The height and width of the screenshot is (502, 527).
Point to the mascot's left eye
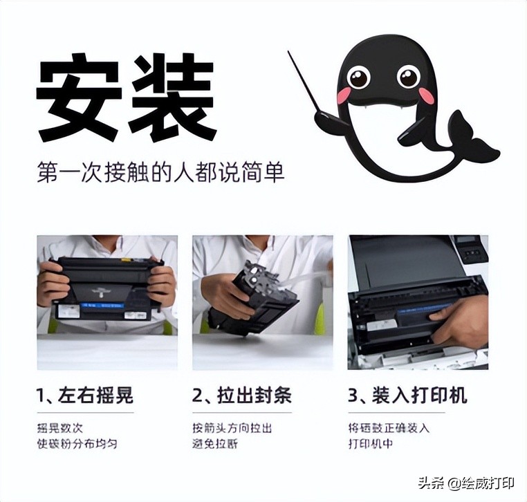[x=359, y=76]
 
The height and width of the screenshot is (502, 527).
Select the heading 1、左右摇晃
[x=85, y=396]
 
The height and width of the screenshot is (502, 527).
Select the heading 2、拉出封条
[x=242, y=396]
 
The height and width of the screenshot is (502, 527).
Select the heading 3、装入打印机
[x=407, y=396]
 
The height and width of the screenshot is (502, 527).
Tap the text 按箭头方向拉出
[x=232, y=428]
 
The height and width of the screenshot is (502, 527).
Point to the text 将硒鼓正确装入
[x=389, y=428]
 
